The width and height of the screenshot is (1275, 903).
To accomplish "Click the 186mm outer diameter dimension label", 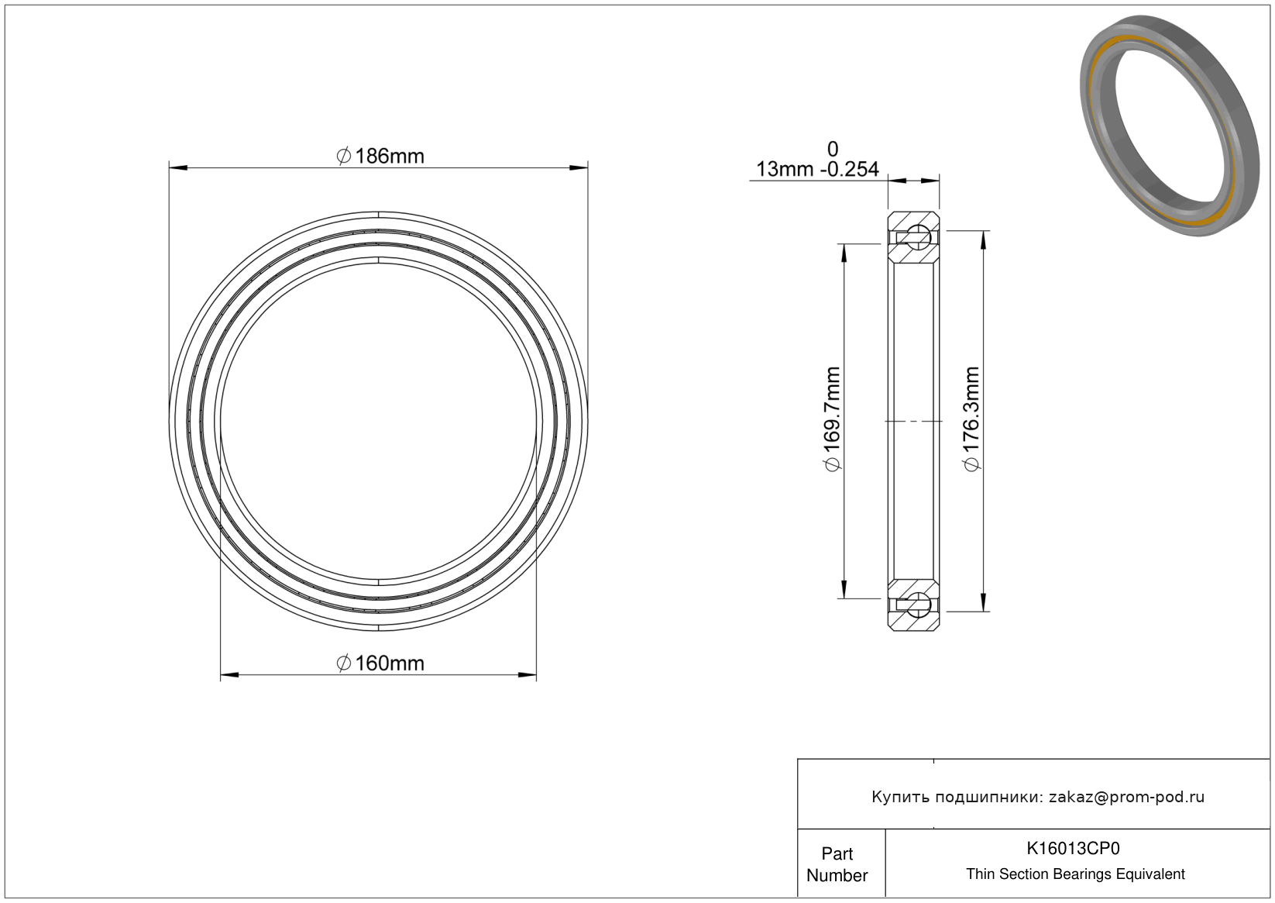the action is coord(380,156).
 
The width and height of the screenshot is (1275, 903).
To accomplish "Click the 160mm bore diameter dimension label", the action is coord(380,663).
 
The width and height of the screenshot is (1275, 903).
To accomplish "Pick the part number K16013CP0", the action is coord(1073,849).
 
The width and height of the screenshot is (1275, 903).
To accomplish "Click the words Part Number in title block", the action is coord(837,864).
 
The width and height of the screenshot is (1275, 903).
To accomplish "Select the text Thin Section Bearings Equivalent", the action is coord(1075,874).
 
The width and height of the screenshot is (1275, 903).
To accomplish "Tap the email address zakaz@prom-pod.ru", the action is coord(1126,797).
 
